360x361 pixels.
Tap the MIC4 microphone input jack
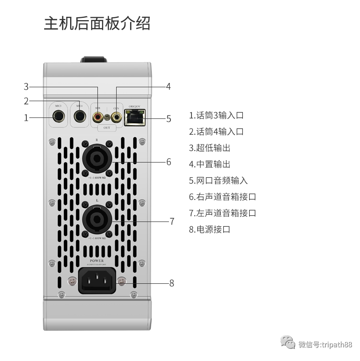pos(80,116)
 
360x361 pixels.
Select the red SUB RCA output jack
pos(98,116)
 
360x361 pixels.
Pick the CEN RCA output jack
pos(116,116)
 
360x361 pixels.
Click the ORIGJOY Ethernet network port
pos(135,117)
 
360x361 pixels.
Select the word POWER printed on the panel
pos(97,261)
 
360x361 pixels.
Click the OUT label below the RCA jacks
pos(107,128)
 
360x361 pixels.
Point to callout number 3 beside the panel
pos(26,87)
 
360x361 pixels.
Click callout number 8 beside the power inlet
pos(171,283)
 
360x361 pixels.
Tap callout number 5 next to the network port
pos(168,119)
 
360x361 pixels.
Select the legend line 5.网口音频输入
pos(218,181)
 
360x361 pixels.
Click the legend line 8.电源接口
pos(210,229)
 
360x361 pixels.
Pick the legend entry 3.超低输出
pos(210,148)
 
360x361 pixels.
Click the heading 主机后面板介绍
pos(97,23)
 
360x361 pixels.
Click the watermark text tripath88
pos(336,344)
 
